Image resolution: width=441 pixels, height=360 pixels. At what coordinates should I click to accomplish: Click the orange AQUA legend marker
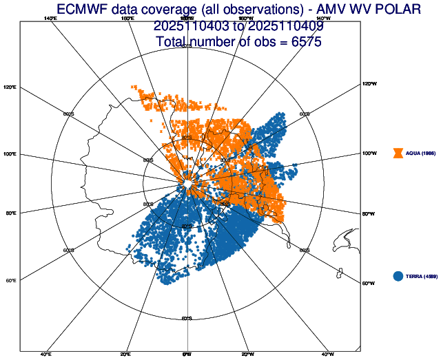[398, 153]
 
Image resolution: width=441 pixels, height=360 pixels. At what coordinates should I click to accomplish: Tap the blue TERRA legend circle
[398, 276]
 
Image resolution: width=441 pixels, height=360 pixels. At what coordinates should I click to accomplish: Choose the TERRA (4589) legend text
[422, 276]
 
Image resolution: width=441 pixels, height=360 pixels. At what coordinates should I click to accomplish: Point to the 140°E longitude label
[50, 19]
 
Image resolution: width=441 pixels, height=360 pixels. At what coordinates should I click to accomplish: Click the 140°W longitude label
[323, 19]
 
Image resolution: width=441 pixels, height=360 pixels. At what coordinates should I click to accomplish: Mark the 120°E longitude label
[10, 87]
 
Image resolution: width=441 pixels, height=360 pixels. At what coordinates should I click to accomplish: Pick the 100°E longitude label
[10, 154]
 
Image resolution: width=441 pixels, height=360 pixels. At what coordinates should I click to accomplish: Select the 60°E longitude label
[10, 280]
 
